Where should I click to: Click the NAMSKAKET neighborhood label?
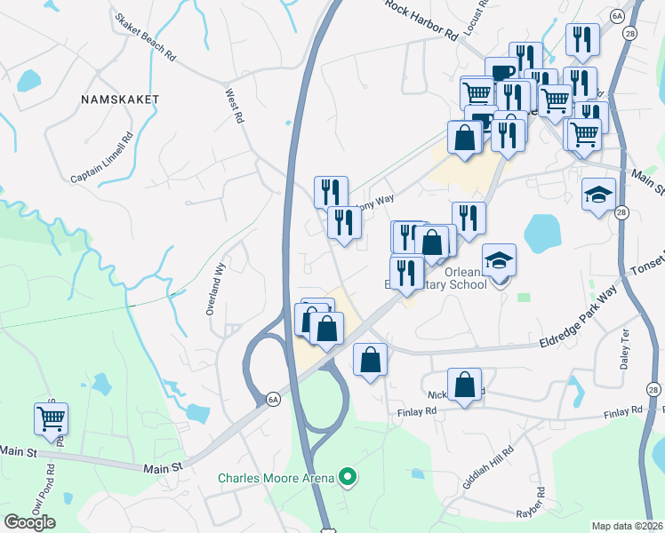(x=120, y=99)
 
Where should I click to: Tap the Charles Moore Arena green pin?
(x=349, y=479)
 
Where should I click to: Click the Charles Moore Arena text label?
(x=276, y=479)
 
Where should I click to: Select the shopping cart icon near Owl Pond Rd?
(x=51, y=418)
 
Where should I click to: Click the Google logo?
(x=29, y=522)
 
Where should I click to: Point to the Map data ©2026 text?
(x=628, y=526)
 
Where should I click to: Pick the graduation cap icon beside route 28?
(x=598, y=194)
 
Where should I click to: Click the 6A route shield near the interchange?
(x=273, y=401)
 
